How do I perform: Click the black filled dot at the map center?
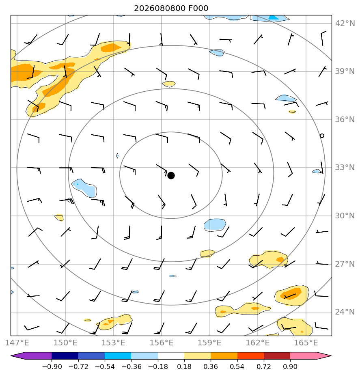point(171,176)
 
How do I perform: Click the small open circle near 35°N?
point(322,136)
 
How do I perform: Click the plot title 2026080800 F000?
point(171,9)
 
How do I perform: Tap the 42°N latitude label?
point(345,24)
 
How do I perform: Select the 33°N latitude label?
point(345,167)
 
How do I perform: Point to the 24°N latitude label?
point(345,312)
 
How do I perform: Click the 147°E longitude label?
point(17,343)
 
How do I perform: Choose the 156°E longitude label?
point(162,343)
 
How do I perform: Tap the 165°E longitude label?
point(306,343)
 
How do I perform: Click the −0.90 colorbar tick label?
point(52,366)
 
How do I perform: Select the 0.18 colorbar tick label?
point(184,366)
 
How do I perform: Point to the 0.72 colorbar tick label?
point(263,366)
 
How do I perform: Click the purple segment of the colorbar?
point(34,356)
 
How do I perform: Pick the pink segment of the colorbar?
point(308,356)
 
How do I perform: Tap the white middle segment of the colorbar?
point(171,356)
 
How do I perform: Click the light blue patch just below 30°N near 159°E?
point(215,225)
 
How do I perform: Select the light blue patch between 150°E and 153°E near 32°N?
point(84,188)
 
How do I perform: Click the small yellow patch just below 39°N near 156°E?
point(169,84)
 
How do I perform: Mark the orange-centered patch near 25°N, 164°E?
point(292,295)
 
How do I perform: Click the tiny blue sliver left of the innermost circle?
point(117,156)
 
